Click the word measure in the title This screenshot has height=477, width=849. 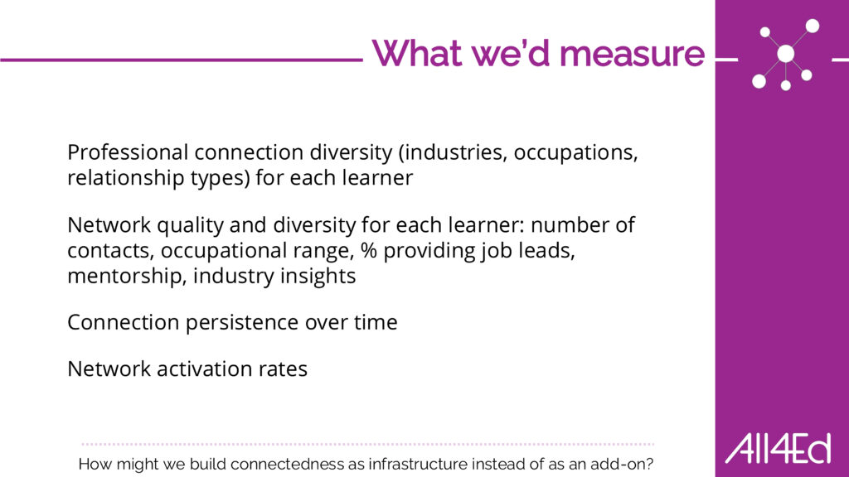632,54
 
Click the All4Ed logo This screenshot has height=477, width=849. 778,449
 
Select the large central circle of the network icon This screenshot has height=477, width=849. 786,54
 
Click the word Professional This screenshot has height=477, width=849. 128,152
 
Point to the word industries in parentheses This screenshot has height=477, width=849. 453,152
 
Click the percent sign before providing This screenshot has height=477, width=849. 369,250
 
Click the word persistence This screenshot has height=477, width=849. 242,322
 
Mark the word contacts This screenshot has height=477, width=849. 110,251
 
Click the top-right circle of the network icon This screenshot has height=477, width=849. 813,26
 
